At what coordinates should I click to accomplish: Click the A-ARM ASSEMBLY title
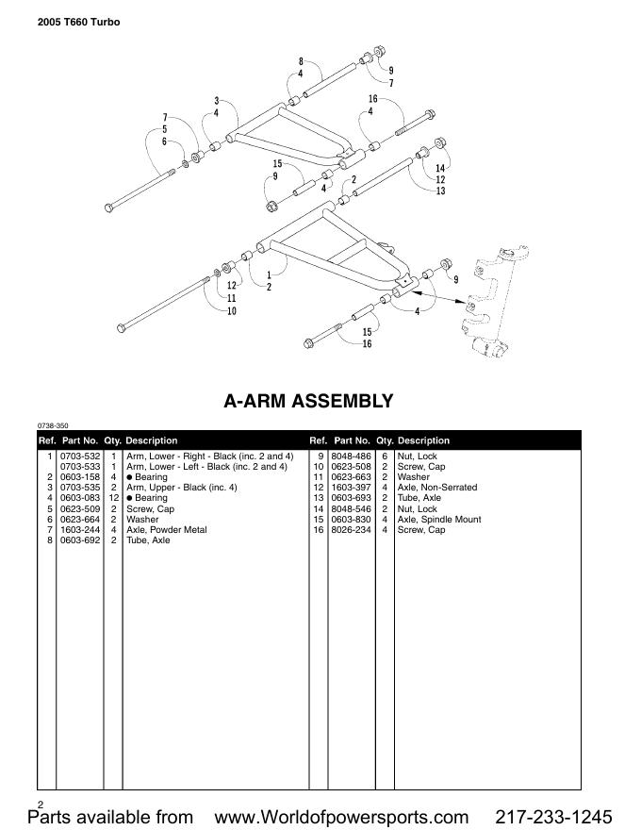[x=308, y=401]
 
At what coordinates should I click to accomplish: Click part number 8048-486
[x=351, y=456]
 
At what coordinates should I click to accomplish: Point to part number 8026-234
[x=351, y=530]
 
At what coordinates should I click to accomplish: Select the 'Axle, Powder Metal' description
[x=167, y=530]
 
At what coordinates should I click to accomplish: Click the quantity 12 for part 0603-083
[x=113, y=498]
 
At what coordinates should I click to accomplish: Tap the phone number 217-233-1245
[x=553, y=816]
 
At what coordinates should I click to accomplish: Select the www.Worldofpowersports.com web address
[x=342, y=816]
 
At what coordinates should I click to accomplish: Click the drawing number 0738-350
[x=53, y=426]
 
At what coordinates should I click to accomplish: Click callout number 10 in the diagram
[x=231, y=311]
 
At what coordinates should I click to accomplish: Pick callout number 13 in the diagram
[x=440, y=191]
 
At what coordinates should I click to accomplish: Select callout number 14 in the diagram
[x=440, y=168]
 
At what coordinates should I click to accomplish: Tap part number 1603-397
[x=351, y=488]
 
